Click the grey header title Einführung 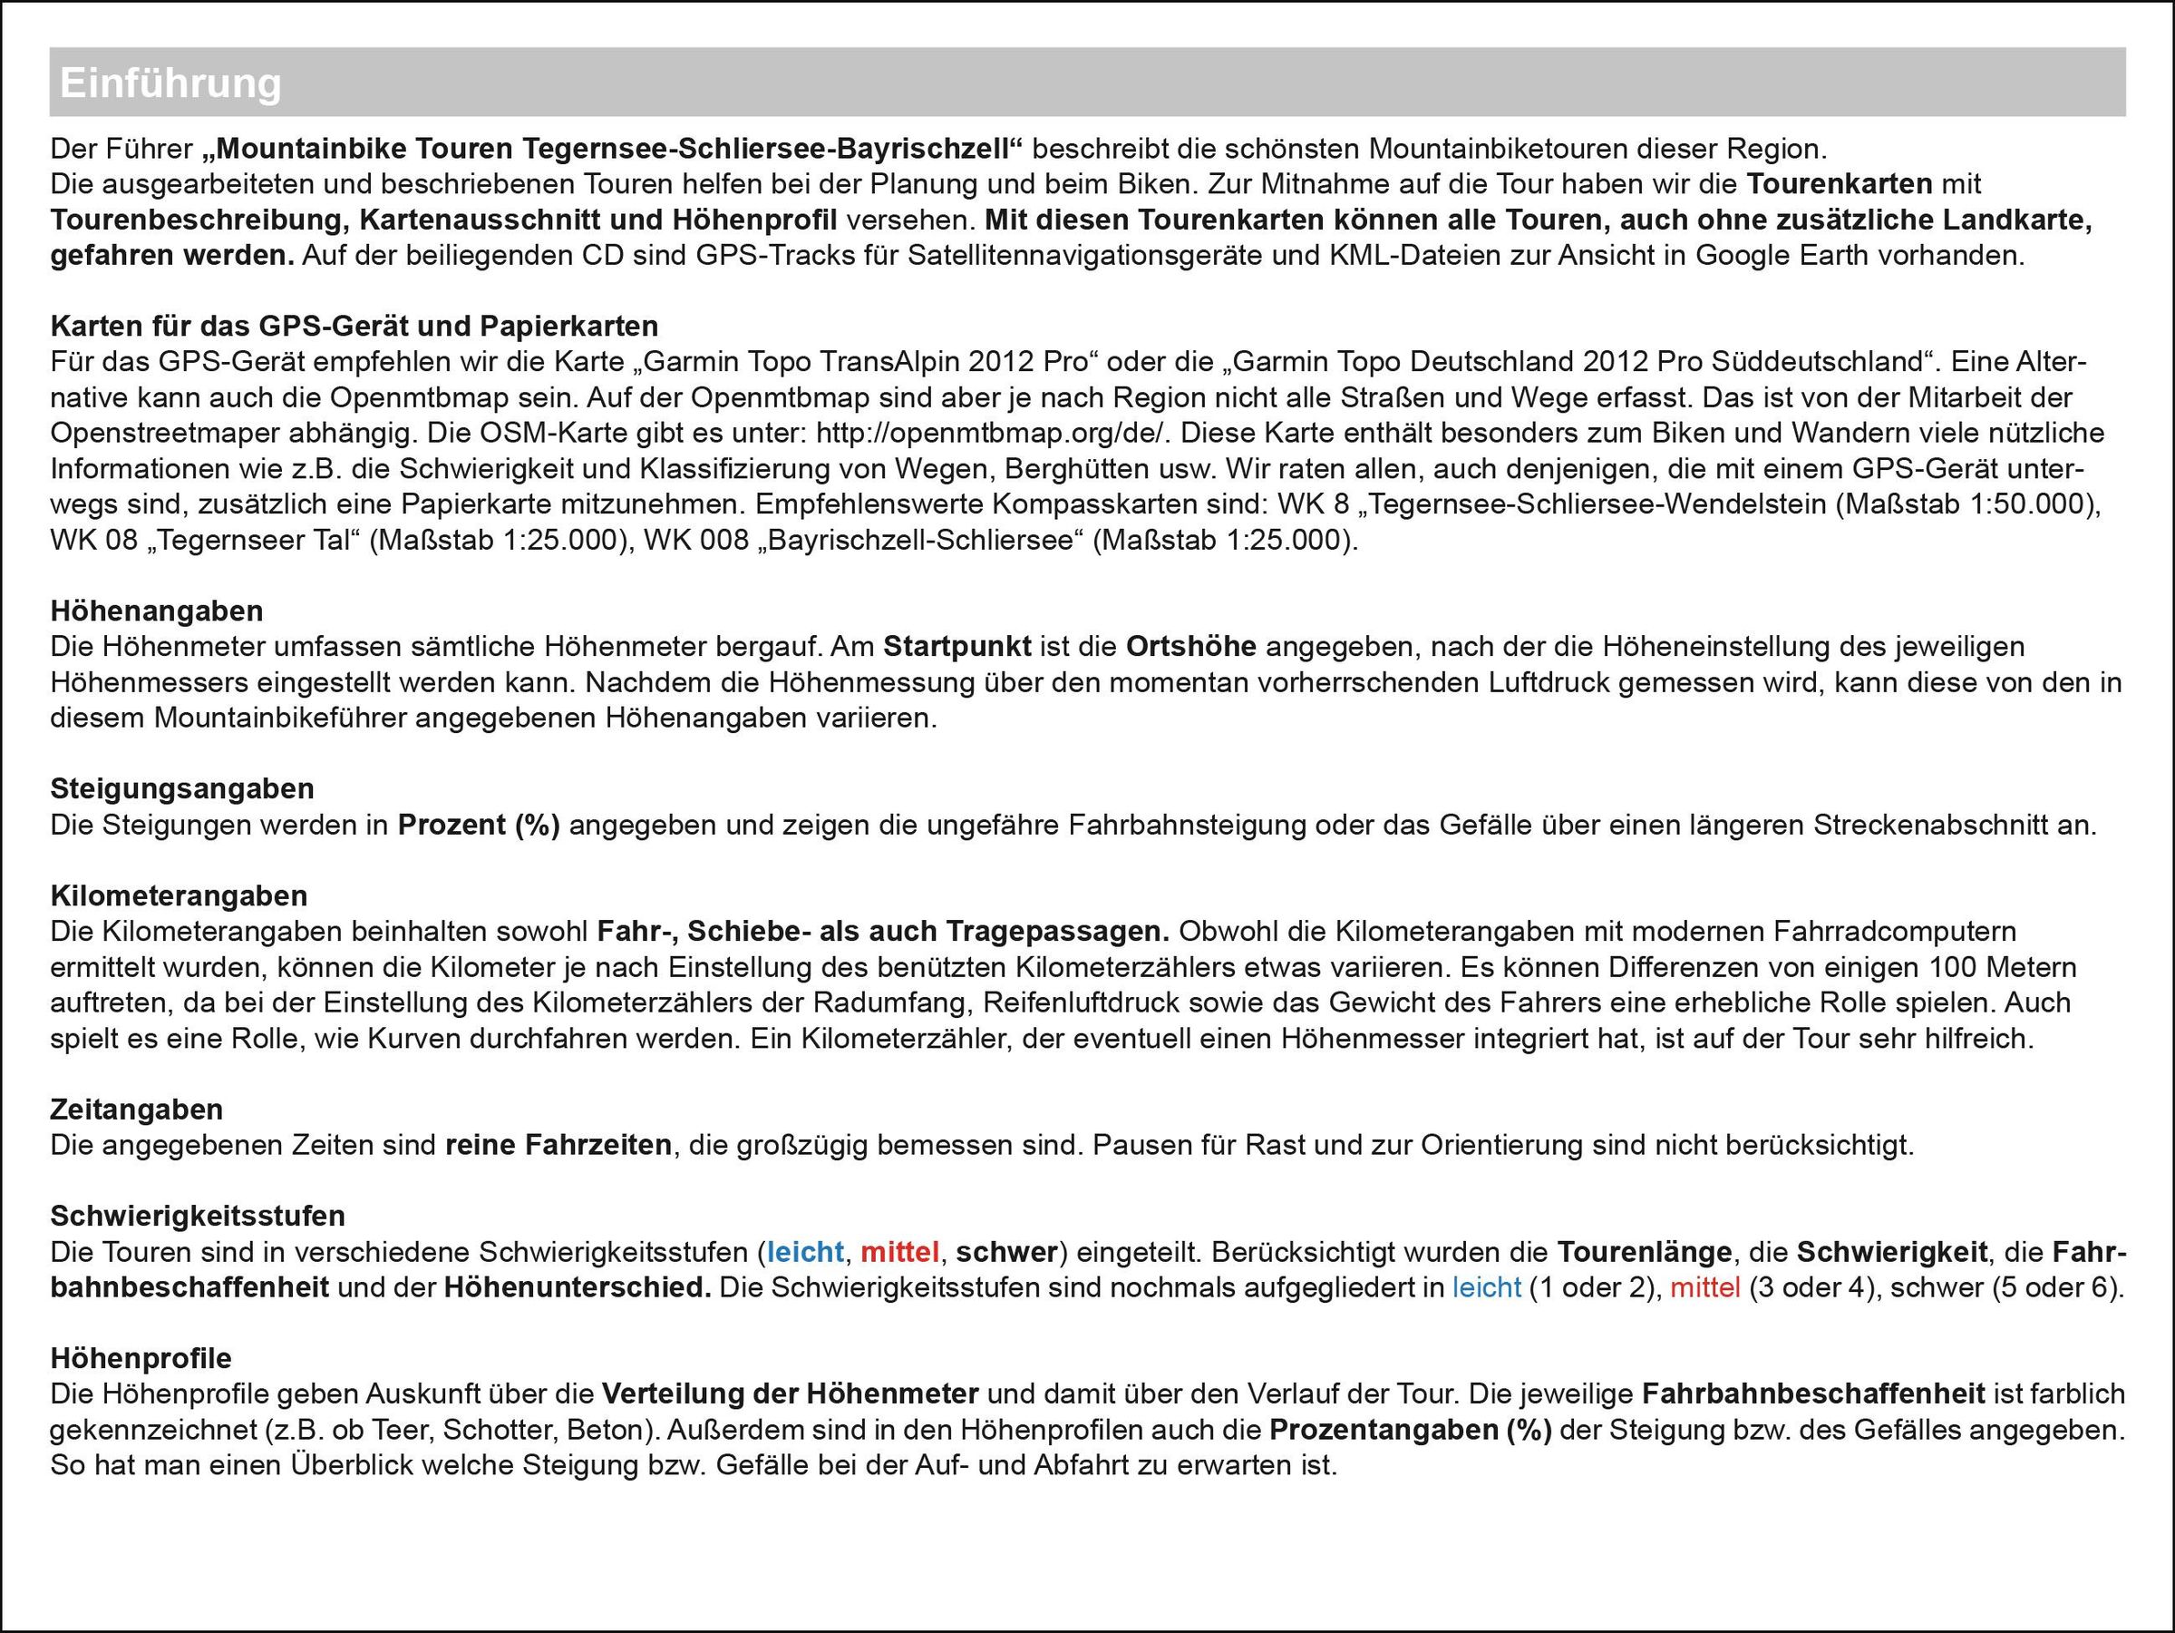[x=170, y=83]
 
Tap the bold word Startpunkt [x=956, y=646]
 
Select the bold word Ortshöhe [x=1190, y=646]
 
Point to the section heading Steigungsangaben [x=182, y=788]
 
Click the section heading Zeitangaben [x=137, y=1109]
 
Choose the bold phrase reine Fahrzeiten [x=558, y=1145]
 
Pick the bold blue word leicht [x=804, y=1252]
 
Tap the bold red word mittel [x=899, y=1252]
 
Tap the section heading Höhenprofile [x=141, y=1358]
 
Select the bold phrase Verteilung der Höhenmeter [x=790, y=1394]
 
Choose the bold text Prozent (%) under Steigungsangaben [x=479, y=825]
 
